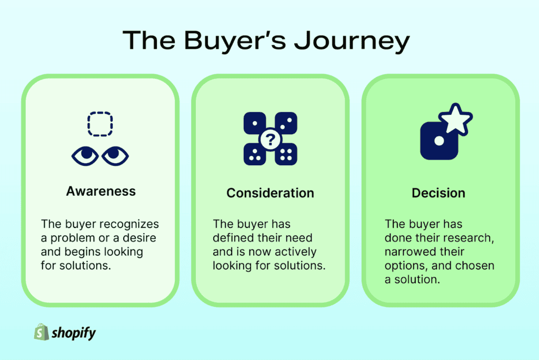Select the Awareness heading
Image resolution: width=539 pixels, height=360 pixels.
coord(101,191)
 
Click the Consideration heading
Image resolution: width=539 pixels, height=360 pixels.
coord(270,193)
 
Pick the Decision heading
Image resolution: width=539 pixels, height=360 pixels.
coord(438,193)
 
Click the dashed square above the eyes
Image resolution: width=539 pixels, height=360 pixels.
coord(99,125)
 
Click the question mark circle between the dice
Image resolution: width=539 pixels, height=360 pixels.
coord(270,139)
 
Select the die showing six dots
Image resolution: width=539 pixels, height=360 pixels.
coord(286,154)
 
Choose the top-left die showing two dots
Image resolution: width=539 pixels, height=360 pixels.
coord(254,124)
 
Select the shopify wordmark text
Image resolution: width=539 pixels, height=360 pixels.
coord(74,332)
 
